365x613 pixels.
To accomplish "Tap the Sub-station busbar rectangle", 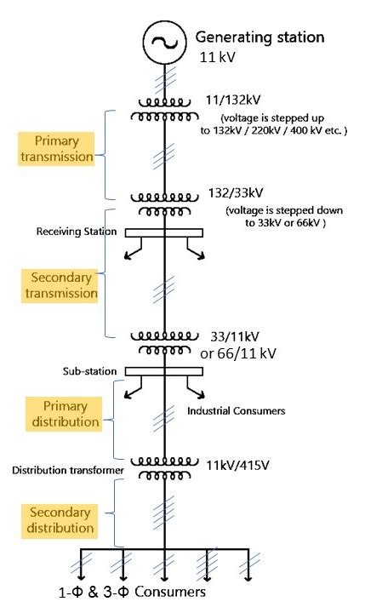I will point(164,371).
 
